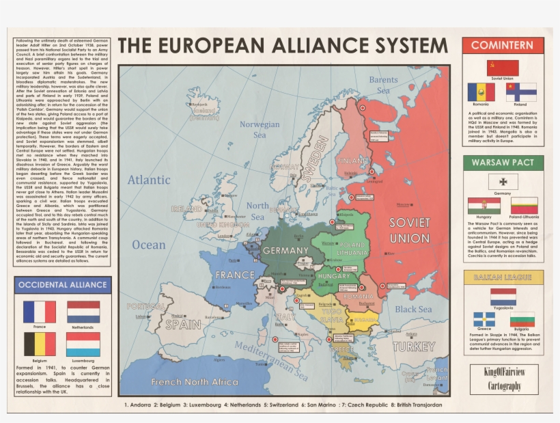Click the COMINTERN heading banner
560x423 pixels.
click(503, 46)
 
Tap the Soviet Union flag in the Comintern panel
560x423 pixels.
click(502, 68)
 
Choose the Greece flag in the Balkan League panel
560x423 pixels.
click(484, 319)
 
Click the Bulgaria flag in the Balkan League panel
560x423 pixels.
click(522, 319)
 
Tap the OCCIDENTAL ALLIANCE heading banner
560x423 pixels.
click(63, 285)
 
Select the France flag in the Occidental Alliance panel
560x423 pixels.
click(40, 312)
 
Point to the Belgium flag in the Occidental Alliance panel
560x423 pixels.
click(40, 344)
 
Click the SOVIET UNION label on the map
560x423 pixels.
click(410, 230)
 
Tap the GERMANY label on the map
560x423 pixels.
click(285, 251)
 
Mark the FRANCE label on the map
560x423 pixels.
click(235, 275)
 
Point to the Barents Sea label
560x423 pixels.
click(383, 85)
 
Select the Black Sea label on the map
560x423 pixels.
click(413, 309)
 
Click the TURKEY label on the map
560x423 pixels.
click(413, 346)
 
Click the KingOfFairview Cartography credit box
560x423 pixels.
click(504, 379)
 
